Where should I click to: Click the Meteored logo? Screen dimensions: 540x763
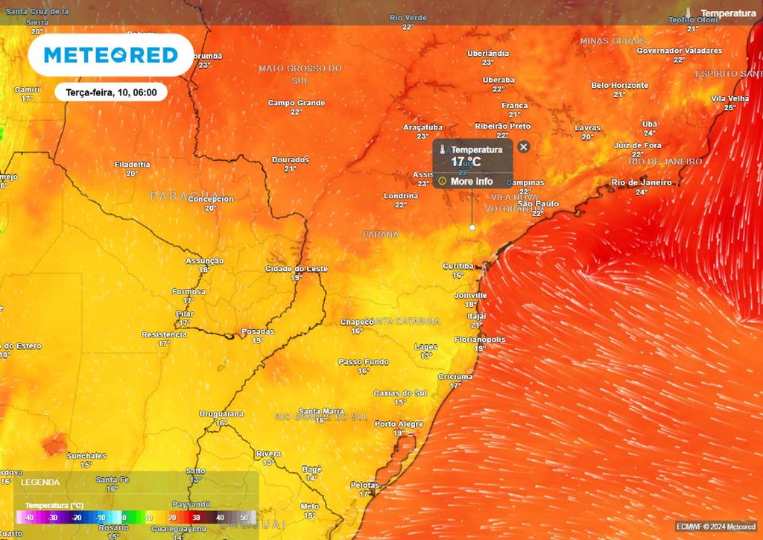[110, 55]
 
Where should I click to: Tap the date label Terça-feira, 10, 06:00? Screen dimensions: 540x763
[110, 92]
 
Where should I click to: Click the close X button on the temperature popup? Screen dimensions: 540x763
[523, 147]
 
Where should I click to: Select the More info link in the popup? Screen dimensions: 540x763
[471, 181]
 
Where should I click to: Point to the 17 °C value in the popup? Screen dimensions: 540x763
[466, 162]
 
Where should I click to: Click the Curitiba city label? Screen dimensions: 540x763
[458, 266]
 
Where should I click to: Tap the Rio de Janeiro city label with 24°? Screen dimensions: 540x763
[641, 182]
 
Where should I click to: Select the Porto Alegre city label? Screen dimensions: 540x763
[399, 424]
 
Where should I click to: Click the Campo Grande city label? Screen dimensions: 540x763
[296, 103]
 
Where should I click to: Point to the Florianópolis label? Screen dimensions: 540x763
[480, 340]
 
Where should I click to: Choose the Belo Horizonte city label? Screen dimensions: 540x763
[619, 86]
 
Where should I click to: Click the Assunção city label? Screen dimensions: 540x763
[204, 261]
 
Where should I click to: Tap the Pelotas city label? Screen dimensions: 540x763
[365, 485]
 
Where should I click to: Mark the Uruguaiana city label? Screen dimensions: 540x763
[221, 413]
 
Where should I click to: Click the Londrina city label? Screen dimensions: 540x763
[400, 196]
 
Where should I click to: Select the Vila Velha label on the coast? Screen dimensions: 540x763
[729, 98]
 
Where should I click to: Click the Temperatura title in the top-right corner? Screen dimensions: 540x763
[728, 13]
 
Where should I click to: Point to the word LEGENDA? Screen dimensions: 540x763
[40, 483]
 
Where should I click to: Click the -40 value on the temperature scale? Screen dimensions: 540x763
[29, 517]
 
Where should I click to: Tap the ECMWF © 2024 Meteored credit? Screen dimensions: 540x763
[715, 527]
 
